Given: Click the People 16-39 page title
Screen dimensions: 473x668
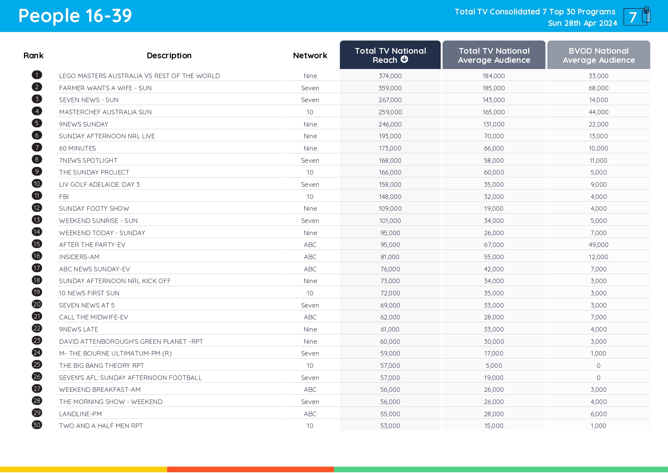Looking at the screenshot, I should coord(75,16).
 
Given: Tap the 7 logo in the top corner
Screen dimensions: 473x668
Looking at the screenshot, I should coord(636,17).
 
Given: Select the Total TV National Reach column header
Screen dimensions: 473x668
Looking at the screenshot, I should coord(390,55).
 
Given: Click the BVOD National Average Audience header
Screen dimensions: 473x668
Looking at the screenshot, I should coord(598,55).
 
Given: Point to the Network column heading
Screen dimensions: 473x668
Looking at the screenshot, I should coord(310,56).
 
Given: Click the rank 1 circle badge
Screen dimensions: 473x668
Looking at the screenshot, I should coord(37,75).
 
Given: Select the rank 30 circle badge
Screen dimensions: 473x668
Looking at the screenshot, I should coord(37,425).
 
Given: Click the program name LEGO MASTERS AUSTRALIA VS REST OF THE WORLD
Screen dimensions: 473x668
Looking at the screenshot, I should coord(139,76).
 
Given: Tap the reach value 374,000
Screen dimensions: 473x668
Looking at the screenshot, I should coord(390,76).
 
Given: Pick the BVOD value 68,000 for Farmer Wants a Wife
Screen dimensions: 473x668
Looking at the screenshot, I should coord(598,88).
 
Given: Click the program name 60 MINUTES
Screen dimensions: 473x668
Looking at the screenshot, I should coord(77,148).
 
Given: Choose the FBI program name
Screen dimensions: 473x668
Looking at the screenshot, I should coord(64,197).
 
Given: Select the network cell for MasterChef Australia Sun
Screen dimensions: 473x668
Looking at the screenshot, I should coord(310,112).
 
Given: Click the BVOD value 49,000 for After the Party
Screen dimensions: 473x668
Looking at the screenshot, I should coord(598,245).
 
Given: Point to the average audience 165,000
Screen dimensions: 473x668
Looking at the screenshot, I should coord(494,112).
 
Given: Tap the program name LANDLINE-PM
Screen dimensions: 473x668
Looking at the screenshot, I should coord(80,414).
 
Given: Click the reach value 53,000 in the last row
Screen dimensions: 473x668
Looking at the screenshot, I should coord(390,426).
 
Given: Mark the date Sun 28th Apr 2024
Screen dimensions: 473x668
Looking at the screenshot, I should coord(582,23).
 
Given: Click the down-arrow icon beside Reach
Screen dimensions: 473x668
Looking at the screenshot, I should coord(404,59).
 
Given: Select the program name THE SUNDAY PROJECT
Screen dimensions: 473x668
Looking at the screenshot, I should coord(94,172).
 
